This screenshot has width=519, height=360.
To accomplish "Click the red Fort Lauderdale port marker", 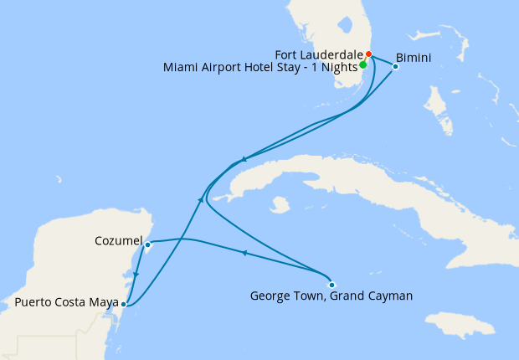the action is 368,55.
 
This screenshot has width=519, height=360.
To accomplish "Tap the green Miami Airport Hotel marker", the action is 362,64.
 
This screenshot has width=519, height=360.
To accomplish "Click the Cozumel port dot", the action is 147,245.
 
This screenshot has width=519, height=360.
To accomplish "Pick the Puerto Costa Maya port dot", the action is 123,304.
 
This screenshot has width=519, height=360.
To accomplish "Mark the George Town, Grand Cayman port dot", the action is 331,284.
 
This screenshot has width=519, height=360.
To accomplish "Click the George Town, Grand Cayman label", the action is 332,296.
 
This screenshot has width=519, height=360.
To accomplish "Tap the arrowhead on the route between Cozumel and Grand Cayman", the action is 244,253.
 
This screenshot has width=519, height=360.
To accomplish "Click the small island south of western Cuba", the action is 280,205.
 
